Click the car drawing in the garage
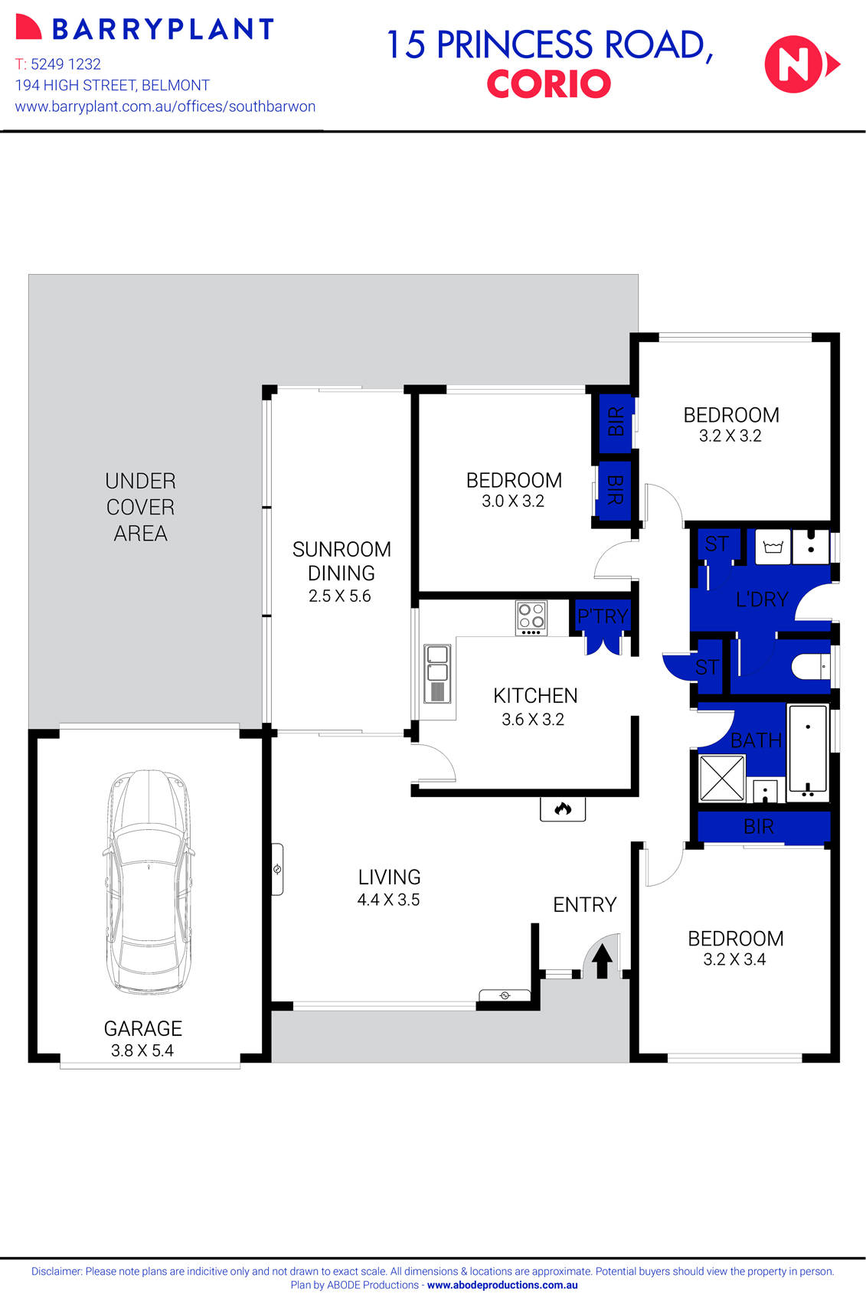(x=148, y=880)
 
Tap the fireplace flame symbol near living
(x=563, y=808)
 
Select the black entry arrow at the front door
(x=602, y=960)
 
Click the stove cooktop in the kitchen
(x=531, y=618)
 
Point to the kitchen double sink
(x=437, y=673)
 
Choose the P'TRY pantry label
(x=603, y=616)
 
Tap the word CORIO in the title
(x=548, y=84)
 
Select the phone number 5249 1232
(x=66, y=64)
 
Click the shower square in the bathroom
(x=721, y=778)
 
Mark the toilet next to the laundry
(x=810, y=667)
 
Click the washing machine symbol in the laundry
(x=773, y=547)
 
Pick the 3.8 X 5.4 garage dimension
(x=142, y=1050)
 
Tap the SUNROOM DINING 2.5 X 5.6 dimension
(x=339, y=596)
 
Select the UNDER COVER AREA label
(x=140, y=507)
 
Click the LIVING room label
(x=389, y=877)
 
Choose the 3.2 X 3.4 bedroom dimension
(x=734, y=959)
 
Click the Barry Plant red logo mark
(x=28, y=28)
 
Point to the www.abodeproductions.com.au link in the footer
(x=502, y=1285)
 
